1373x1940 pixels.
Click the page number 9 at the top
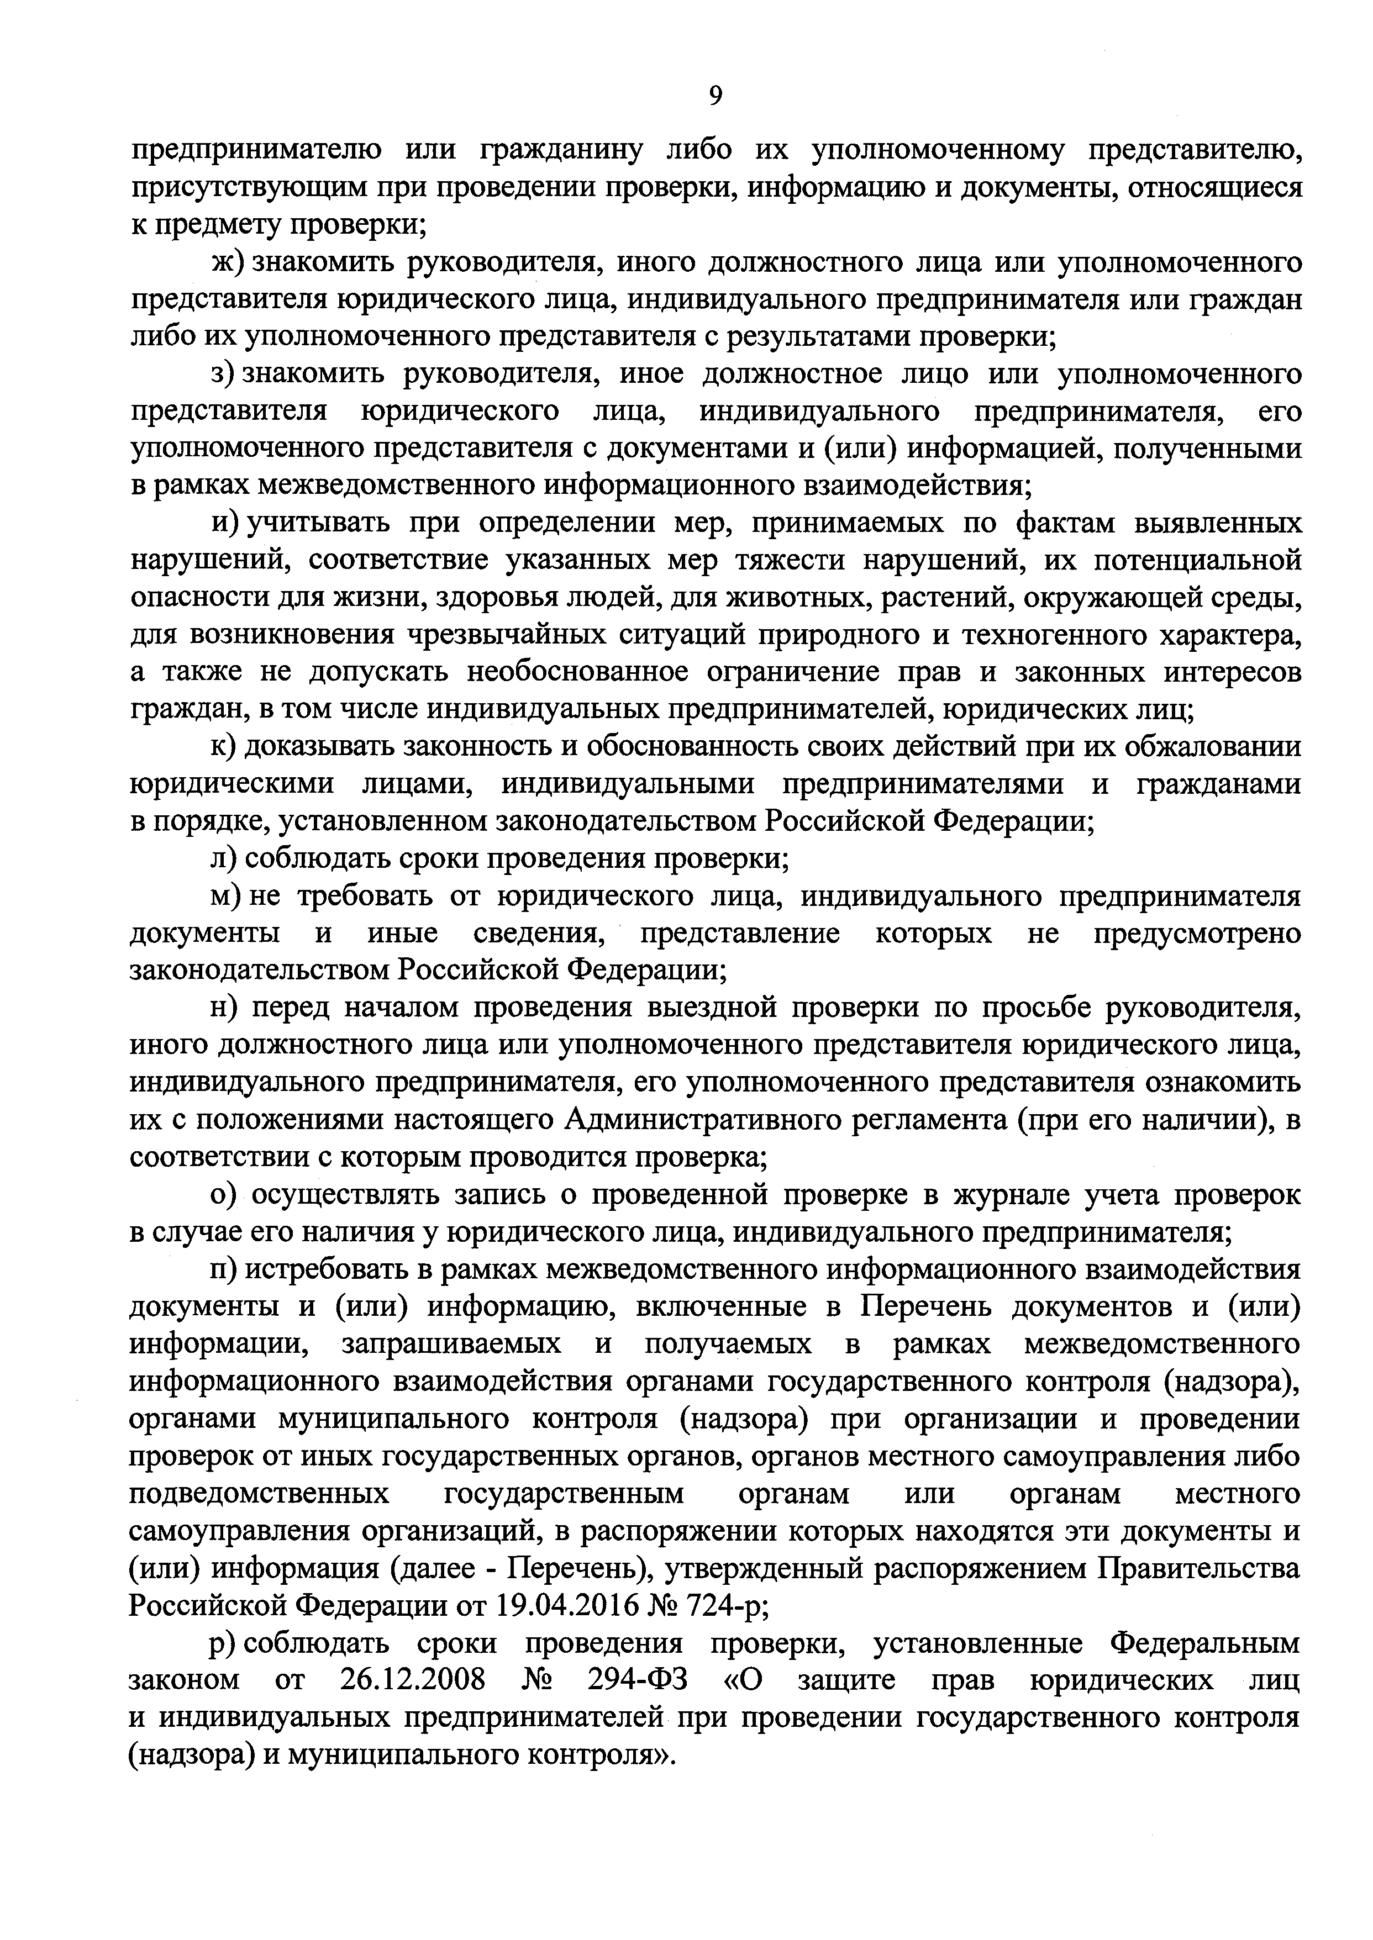point(716,96)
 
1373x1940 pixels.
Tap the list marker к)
point(226,747)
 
